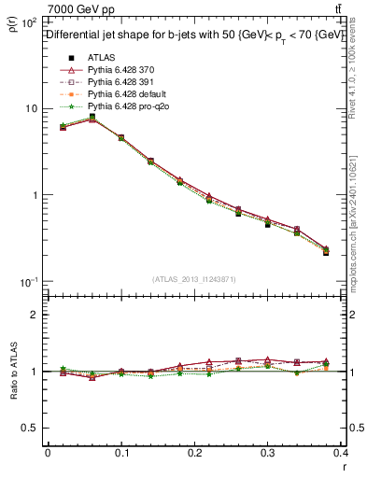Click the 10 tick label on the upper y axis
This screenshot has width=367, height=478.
31,108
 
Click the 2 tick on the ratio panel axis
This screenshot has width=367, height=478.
35,315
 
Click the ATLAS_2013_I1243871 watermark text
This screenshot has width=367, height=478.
194,278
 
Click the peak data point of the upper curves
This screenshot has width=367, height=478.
92,118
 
